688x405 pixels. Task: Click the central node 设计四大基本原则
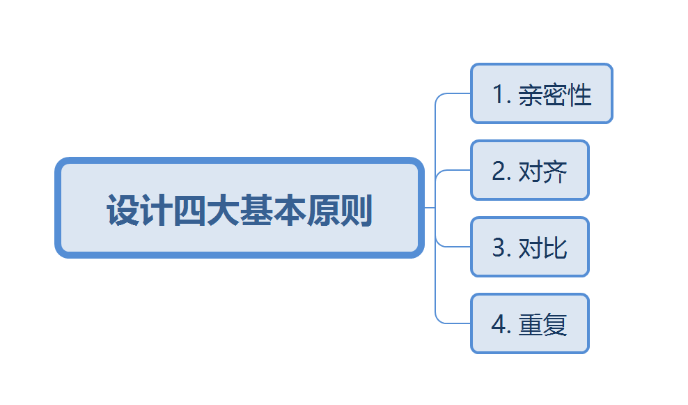coord(239,208)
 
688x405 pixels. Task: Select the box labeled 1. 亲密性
coord(541,93)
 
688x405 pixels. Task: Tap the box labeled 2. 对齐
coord(529,170)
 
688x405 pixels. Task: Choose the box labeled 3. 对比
coord(529,247)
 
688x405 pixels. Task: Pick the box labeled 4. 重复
coord(529,323)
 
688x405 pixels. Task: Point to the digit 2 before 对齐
coord(499,171)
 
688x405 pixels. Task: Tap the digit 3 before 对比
coord(499,248)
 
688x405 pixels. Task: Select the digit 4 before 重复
coord(499,325)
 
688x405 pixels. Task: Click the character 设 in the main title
coord(123,210)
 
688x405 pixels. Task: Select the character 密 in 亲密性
coord(555,95)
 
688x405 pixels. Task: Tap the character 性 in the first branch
coord(580,95)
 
